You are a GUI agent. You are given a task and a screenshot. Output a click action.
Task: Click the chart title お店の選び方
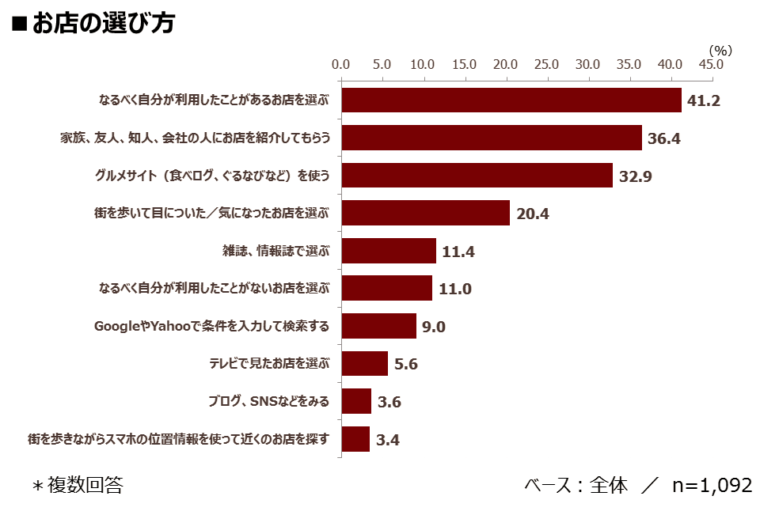[x=103, y=23]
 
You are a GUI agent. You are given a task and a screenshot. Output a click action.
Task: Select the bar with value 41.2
[x=511, y=100]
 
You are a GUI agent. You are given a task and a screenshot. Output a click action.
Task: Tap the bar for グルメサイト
[x=477, y=176]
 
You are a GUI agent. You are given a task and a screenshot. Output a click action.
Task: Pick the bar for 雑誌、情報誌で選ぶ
[x=389, y=251]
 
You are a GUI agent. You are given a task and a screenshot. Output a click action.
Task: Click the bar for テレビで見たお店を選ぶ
[x=364, y=363]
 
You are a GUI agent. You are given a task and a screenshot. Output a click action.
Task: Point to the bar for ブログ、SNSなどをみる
[x=356, y=401]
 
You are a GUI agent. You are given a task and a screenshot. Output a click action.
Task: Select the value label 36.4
[x=664, y=138]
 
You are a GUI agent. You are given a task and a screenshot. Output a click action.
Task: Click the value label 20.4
[x=533, y=214]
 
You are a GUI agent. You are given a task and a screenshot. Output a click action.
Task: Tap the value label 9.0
[x=433, y=327]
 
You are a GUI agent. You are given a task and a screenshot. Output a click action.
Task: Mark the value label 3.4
[x=388, y=440]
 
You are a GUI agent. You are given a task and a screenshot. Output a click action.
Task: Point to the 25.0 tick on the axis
[x=546, y=64]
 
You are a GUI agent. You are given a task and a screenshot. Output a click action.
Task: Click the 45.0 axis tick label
[x=711, y=64]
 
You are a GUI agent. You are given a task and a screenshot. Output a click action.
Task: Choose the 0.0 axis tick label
[x=340, y=64]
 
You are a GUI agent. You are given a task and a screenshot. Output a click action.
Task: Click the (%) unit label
[x=720, y=51]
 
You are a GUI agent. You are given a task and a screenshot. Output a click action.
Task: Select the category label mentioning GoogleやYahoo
[x=212, y=326]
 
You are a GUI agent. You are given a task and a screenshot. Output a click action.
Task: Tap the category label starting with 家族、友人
[x=196, y=138]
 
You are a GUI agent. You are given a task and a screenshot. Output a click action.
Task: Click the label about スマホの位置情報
[x=178, y=439]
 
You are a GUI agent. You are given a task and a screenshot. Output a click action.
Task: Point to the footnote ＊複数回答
[x=78, y=485]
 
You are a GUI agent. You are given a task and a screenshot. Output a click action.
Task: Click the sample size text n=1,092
[x=712, y=485]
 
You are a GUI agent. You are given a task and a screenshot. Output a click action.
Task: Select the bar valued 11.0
[x=387, y=288]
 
